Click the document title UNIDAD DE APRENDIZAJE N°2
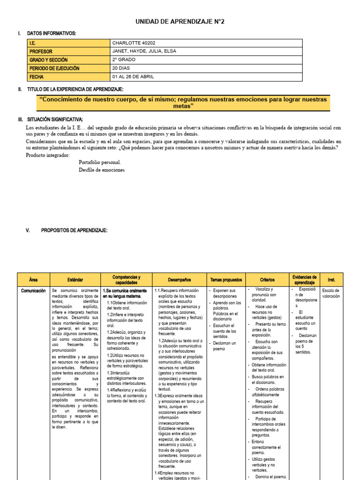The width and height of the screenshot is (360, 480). point(180,22)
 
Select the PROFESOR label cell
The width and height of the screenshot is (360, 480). point(41,52)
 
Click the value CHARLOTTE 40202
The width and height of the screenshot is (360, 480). point(133,43)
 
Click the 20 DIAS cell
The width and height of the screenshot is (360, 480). point(122,68)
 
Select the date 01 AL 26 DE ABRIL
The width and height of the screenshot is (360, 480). point(133,76)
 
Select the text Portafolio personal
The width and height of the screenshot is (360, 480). point(100,162)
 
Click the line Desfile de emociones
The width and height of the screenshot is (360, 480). point(102,170)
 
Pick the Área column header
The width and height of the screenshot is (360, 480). point(33,279)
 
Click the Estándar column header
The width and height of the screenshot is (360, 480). point(75,279)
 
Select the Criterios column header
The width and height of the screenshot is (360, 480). point(267,279)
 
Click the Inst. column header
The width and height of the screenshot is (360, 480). point(331,279)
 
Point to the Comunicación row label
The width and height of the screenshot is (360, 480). point(33,291)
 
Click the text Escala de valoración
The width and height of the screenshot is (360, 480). point(331,293)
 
